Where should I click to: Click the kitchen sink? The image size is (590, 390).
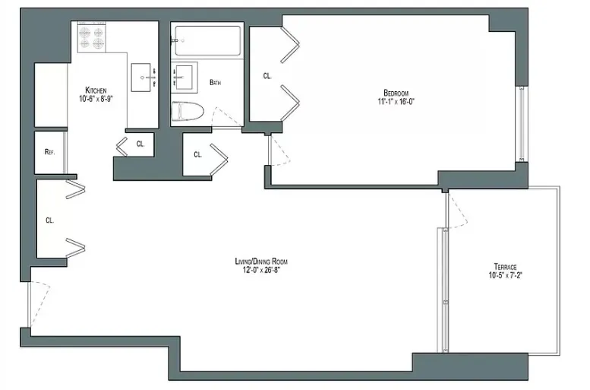[x=143, y=76]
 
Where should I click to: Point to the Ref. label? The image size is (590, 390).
[x=50, y=152]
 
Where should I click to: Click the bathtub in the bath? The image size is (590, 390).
[x=207, y=39]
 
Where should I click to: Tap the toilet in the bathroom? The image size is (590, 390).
[x=186, y=111]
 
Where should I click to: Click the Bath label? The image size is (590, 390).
[x=215, y=83]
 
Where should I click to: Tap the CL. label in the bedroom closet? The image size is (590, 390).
[x=267, y=76]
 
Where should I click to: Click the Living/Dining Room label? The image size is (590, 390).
[x=261, y=262]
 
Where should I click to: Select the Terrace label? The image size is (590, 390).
[x=505, y=267]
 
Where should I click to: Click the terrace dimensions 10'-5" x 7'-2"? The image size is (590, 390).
[x=505, y=276]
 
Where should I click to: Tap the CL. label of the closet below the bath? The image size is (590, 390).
[x=197, y=155]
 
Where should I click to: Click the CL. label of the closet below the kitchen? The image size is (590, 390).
[x=140, y=143]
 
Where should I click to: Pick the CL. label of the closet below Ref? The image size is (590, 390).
[x=50, y=220]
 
